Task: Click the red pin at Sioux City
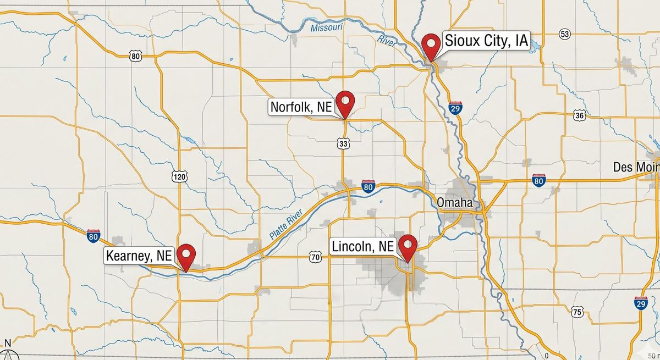[x=431, y=43]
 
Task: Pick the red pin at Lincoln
[x=408, y=245]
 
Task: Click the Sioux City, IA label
[x=486, y=41]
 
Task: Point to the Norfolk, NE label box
[x=301, y=107]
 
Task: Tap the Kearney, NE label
[x=139, y=255]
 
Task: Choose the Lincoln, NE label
[x=362, y=246]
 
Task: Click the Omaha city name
[x=454, y=202]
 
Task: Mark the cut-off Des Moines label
[x=636, y=167]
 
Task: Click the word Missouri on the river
[x=326, y=27]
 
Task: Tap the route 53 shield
[x=564, y=34]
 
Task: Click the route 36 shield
[x=579, y=115]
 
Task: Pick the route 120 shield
[x=179, y=176]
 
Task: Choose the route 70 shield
[x=315, y=256]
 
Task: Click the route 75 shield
[x=576, y=311]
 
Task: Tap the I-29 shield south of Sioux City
[x=455, y=108]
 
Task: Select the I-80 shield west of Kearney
[x=94, y=236]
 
